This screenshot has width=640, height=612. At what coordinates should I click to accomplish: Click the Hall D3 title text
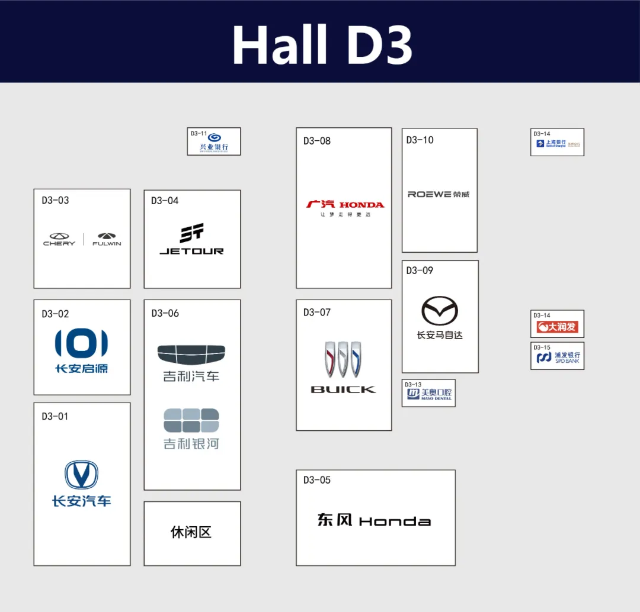(x=322, y=45)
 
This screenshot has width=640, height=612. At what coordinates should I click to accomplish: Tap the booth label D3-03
(x=55, y=200)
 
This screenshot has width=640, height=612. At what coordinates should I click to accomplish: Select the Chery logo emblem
(x=59, y=236)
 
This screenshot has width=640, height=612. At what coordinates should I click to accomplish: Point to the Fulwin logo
(x=107, y=236)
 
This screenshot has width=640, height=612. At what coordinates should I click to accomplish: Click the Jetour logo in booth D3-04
(x=191, y=239)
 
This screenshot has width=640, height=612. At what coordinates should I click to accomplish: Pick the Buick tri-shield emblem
(x=343, y=359)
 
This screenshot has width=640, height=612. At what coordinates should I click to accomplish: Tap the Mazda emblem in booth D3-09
(x=440, y=311)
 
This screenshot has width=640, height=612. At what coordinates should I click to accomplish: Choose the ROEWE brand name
(x=439, y=194)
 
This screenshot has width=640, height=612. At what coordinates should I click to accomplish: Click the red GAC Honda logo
(x=345, y=205)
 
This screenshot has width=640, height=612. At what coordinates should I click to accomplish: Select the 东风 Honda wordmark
(x=374, y=520)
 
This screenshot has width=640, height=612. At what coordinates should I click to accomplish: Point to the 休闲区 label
(x=191, y=532)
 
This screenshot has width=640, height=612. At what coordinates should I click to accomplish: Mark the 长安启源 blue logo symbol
(x=81, y=343)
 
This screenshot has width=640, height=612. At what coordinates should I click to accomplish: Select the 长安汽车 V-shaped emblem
(x=81, y=475)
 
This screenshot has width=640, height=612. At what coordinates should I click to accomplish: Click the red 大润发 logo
(x=557, y=327)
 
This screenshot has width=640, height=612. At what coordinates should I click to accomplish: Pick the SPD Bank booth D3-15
(x=557, y=356)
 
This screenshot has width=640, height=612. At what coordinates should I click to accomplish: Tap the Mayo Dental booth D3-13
(x=428, y=393)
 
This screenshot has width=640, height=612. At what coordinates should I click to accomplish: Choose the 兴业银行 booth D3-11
(x=214, y=141)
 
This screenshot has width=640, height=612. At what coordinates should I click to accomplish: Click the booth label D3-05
(x=317, y=480)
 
